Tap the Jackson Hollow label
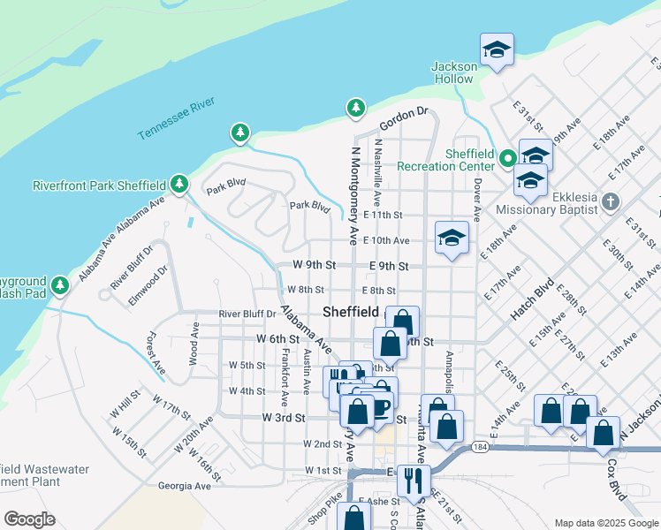tap(454, 72)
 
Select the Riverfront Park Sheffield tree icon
tap(180, 184)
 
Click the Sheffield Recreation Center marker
tap(508, 159)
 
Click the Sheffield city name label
tap(351, 312)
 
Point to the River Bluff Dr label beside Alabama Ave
tap(247, 313)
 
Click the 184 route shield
tap(479, 446)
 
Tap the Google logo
tap(29, 519)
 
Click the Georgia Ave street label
tap(184, 486)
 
